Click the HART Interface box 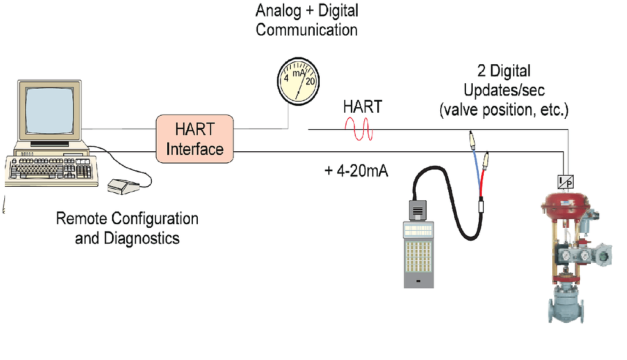pyautogui.click(x=195, y=139)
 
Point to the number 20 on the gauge pyautogui.click(x=310, y=80)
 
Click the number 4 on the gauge pyautogui.click(x=285, y=80)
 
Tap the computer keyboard pyautogui.click(x=52, y=170)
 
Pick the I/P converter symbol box pyautogui.click(x=566, y=181)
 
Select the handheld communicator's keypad pyautogui.click(x=419, y=255)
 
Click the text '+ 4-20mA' pyautogui.click(x=356, y=170)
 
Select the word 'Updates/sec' pyautogui.click(x=497, y=91)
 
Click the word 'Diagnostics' pyautogui.click(x=127, y=238)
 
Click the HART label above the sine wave pyautogui.click(x=362, y=107)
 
